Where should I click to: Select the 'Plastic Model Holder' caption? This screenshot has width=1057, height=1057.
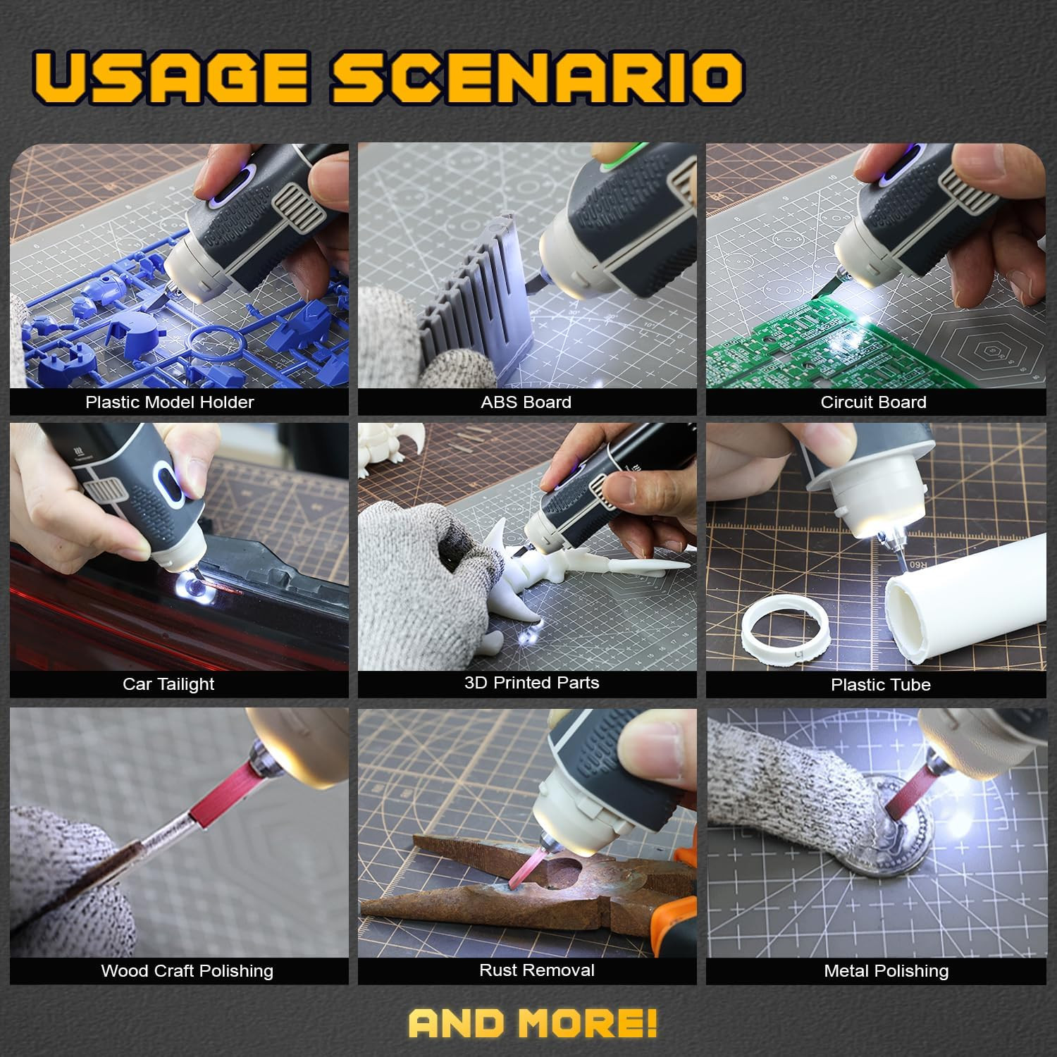(x=169, y=402)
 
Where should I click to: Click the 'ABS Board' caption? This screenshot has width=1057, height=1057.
(x=526, y=402)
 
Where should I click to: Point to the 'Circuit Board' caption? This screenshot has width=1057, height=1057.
(x=873, y=402)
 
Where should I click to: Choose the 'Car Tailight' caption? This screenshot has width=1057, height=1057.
(x=168, y=684)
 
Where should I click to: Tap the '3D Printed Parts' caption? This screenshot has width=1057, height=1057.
(x=531, y=683)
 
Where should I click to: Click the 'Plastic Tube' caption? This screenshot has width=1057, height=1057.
(x=880, y=685)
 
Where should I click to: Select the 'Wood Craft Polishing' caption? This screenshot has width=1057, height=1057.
(x=187, y=971)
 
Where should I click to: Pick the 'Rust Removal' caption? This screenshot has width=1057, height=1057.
(x=536, y=970)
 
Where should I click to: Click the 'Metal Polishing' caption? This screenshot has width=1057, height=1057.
(x=886, y=971)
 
